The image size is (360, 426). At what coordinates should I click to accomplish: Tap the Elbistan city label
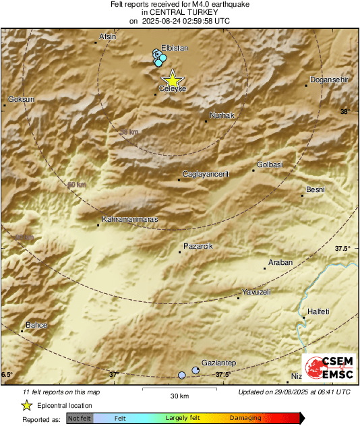pos(175,48)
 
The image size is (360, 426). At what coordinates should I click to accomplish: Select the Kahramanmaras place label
pos(129,219)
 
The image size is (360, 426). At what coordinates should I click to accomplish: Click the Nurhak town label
pos(222,115)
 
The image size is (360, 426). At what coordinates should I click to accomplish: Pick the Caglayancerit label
pos(206,174)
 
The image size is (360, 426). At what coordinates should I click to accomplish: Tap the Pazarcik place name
pos(198,247)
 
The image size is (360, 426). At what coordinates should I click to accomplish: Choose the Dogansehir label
pos(329,80)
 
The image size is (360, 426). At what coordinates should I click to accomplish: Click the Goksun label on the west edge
pos(20,99)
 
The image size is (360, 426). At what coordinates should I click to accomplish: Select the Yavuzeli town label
pos(256,292)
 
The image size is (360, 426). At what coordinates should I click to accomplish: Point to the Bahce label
pos(36,326)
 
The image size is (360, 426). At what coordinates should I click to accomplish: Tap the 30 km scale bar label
pos(179,395)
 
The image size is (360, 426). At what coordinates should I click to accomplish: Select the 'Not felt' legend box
pos(80,419)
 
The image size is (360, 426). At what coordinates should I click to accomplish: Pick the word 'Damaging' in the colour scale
pos(245,419)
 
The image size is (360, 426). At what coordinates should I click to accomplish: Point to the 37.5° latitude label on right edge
pos(342,249)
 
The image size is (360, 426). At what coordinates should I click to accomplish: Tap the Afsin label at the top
pos(108,36)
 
